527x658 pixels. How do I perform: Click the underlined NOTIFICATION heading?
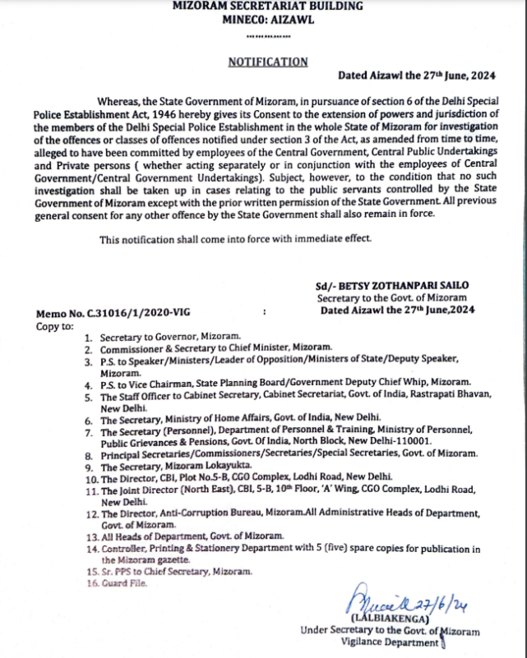click(x=267, y=62)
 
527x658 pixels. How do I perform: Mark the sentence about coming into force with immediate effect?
click(x=236, y=239)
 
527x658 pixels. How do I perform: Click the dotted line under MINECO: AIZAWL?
click(x=266, y=36)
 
